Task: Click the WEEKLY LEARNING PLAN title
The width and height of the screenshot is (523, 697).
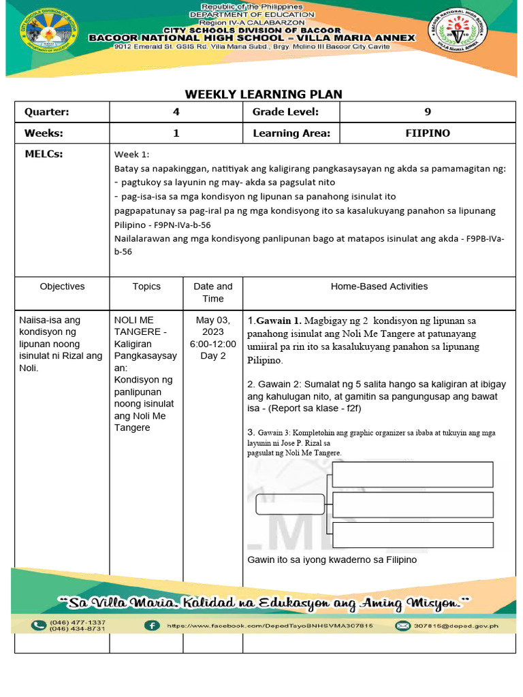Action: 264,94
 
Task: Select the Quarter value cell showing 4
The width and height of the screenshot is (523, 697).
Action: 176,112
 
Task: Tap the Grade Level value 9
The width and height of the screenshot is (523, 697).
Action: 427,112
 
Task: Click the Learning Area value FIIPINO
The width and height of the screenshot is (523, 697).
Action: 427,133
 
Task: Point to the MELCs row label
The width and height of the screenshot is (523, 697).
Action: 44,155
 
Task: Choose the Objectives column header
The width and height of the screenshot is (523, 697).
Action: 62,287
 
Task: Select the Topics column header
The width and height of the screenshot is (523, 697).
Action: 146,287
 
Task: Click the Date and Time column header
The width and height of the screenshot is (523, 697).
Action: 212,293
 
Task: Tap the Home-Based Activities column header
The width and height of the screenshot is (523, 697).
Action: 379,287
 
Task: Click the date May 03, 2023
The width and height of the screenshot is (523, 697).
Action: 213,326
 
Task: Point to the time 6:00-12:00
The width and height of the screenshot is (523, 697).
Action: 213,344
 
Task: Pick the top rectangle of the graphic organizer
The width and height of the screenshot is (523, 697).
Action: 412,474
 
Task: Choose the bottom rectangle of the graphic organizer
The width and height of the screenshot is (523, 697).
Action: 412,535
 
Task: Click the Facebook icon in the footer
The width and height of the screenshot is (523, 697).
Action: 152,626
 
